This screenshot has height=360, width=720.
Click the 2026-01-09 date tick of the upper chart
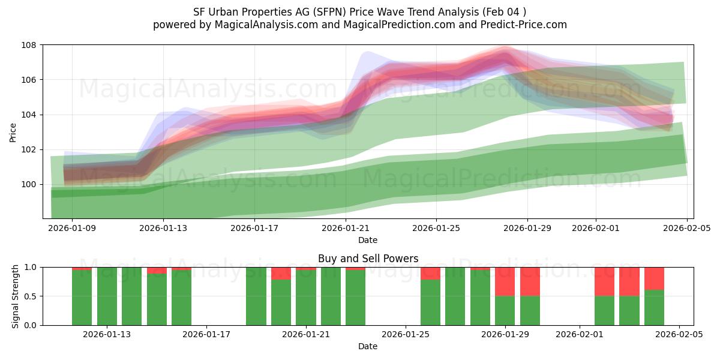click(72, 228)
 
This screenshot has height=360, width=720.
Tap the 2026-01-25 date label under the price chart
click(436, 228)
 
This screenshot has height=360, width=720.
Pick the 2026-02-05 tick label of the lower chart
click(679, 335)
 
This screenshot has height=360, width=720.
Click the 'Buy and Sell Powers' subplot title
click(368, 259)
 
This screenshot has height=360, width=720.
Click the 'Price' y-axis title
click(13, 131)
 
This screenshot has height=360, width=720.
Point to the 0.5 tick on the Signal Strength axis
click(30, 296)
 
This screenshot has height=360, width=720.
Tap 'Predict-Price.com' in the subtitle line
click(520, 25)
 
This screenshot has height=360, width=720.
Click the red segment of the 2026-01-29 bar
click(505, 281)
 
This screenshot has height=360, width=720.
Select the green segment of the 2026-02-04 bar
click(654, 307)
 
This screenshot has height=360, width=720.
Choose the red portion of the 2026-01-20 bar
click(281, 273)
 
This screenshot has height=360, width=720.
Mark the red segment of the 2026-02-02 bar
click(604, 281)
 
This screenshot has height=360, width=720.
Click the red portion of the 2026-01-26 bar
click(430, 273)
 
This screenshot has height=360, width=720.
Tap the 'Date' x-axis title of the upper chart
click(368, 240)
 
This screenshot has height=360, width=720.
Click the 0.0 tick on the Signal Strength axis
click(30, 325)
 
